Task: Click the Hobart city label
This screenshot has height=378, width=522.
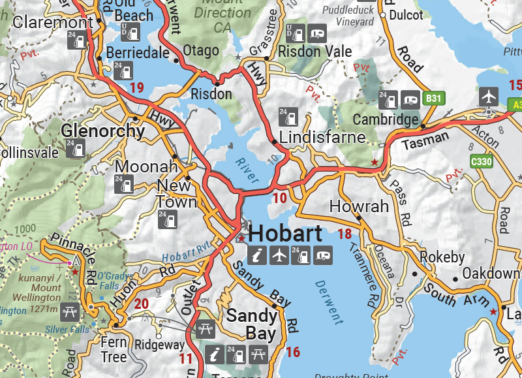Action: (x=286, y=234)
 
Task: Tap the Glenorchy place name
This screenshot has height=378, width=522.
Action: (x=103, y=131)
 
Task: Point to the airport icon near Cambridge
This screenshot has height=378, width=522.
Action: (x=488, y=96)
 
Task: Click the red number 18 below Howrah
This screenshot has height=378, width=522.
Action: (x=345, y=234)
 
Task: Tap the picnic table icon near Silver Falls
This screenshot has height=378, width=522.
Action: (x=69, y=312)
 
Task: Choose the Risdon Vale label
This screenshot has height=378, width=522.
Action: (x=315, y=52)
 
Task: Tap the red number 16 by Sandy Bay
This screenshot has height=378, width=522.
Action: (x=293, y=353)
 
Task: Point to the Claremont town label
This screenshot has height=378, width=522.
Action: (x=45, y=23)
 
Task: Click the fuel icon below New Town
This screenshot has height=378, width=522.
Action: (x=168, y=219)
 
